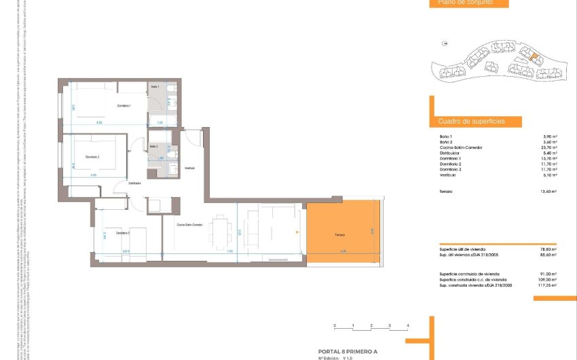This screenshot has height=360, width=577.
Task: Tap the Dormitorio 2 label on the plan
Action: click(x=92, y=157)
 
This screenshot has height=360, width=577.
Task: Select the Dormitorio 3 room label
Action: click(x=122, y=233)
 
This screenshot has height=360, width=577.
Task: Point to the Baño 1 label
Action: click(x=155, y=87)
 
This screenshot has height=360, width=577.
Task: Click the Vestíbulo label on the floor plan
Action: click(x=191, y=168)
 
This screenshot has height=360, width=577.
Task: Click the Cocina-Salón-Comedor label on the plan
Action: click(x=189, y=225)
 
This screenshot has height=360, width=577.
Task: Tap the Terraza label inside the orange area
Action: click(x=339, y=235)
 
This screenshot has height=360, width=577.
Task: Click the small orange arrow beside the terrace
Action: click(x=297, y=232)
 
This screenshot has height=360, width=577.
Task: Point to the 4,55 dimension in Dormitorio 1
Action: click(x=99, y=123)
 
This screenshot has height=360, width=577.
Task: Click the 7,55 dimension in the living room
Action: click(x=229, y=251)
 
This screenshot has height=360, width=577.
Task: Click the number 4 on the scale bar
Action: click(x=407, y=327)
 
